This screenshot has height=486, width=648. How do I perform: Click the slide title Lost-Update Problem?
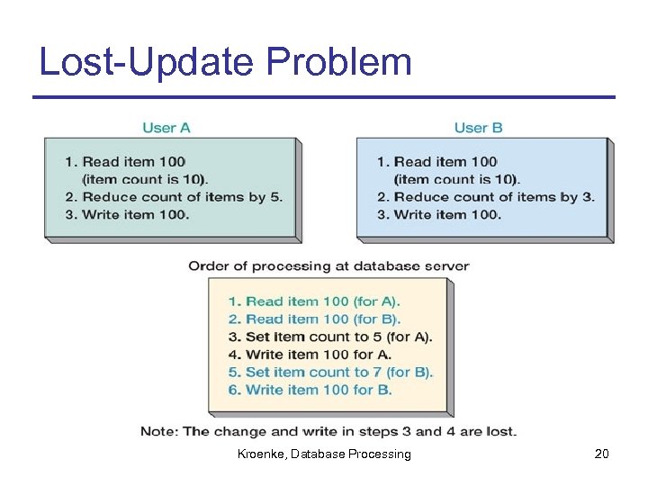click(226, 61)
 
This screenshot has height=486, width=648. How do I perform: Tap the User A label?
click(166, 128)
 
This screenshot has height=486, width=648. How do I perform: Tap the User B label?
click(478, 128)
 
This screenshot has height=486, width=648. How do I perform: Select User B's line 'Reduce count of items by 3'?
click(485, 197)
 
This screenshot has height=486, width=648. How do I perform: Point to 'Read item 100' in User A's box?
click(124, 162)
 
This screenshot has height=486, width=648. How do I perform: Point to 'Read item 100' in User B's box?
click(436, 162)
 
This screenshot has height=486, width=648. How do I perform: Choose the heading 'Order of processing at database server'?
click(328, 265)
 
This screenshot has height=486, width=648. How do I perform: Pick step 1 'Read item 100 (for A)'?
click(314, 301)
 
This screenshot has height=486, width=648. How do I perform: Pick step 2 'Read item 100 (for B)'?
click(314, 319)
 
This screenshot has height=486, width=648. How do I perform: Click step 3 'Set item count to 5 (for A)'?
click(329, 337)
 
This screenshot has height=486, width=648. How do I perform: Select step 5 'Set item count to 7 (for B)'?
click(330, 372)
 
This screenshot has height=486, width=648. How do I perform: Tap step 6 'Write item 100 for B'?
click(310, 390)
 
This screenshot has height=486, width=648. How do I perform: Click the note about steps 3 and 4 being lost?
click(328, 431)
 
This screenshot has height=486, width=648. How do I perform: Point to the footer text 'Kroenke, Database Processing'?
click(324, 454)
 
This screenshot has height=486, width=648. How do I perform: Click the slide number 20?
click(601, 454)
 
